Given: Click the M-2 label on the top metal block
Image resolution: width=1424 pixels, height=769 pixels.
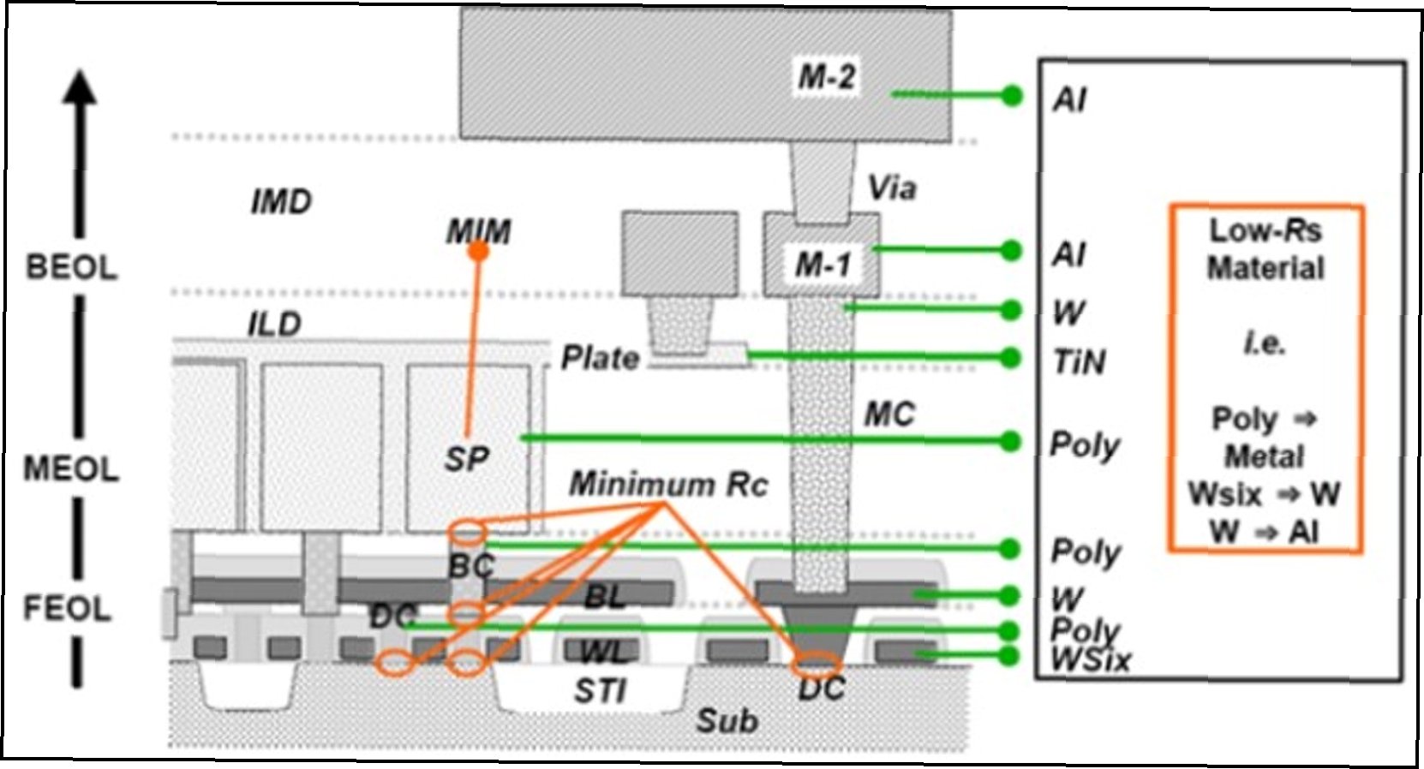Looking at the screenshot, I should coord(826,77).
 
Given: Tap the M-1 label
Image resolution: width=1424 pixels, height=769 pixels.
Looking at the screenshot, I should coord(823,265).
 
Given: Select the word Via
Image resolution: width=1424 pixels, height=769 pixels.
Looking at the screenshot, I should coord(891,188).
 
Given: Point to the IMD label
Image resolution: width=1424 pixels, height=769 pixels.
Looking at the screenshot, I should coord(280,203).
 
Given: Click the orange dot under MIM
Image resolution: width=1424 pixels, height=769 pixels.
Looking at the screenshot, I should coord(479,251).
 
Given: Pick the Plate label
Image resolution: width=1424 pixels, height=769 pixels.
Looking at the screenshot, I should coord(600,358).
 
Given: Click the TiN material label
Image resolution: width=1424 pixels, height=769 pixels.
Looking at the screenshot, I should coord(1080,362).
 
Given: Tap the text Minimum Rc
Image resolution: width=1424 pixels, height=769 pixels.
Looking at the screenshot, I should coord(668,485).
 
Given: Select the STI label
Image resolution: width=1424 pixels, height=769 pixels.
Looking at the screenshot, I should coord(600,690).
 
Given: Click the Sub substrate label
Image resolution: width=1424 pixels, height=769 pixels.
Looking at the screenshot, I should coord(727,721).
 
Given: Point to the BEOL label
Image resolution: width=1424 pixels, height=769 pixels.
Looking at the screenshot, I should coord(71,267).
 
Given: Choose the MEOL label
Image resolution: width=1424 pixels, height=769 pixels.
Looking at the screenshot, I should coord(71,468).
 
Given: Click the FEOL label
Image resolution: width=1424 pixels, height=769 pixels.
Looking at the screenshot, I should coord(68,608).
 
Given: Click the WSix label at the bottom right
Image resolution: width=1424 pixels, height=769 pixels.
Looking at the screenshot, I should coord(1090,660).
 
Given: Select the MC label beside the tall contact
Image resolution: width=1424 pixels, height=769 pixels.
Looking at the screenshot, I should coord(889,415).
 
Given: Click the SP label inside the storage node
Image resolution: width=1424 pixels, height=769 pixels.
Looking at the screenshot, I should coord(466,460).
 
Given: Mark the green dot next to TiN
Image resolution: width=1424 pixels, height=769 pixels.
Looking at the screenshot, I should coord(1011,357).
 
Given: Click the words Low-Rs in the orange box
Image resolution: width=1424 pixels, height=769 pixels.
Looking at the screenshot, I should coord(1265,230).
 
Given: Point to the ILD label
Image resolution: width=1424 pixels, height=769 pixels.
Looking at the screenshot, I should coord(274,325).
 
